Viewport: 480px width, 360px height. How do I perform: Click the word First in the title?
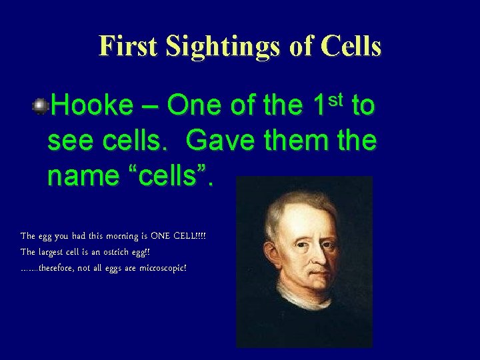128,47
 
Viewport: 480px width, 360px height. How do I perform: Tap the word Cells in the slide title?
351,47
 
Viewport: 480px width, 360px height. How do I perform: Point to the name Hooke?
92,105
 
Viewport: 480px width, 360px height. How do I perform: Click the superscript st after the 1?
336,98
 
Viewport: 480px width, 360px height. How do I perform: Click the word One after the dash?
194,105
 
